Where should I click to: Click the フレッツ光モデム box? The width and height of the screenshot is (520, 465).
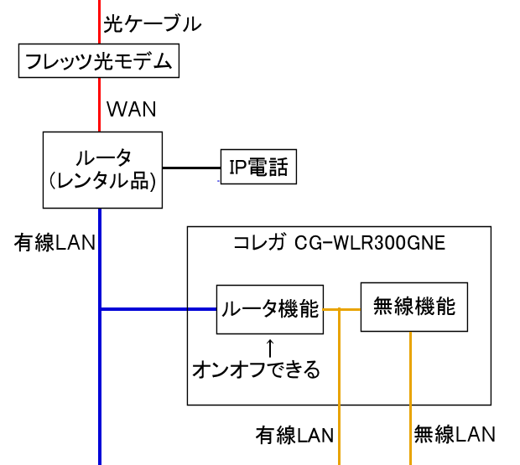[99, 61]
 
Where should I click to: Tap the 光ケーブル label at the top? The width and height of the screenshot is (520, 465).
[153, 23]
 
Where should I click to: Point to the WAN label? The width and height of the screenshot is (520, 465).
[133, 109]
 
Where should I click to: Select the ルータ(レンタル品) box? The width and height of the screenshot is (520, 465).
[102, 168]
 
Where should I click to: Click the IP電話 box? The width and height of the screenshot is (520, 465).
[258, 168]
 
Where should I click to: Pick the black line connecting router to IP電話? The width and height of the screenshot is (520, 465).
[191, 168]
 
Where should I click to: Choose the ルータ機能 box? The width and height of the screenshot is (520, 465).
[269, 309]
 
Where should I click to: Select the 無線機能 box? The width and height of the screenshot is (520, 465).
[413, 307]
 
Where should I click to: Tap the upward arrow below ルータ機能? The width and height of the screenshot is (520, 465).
[270, 346]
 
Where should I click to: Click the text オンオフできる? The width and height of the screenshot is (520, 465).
[257, 369]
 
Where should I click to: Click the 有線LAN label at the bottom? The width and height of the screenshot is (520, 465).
[295, 435]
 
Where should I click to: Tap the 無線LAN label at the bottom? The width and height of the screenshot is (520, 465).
[455, 434]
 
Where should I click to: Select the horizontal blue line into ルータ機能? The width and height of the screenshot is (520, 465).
[159, 309]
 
